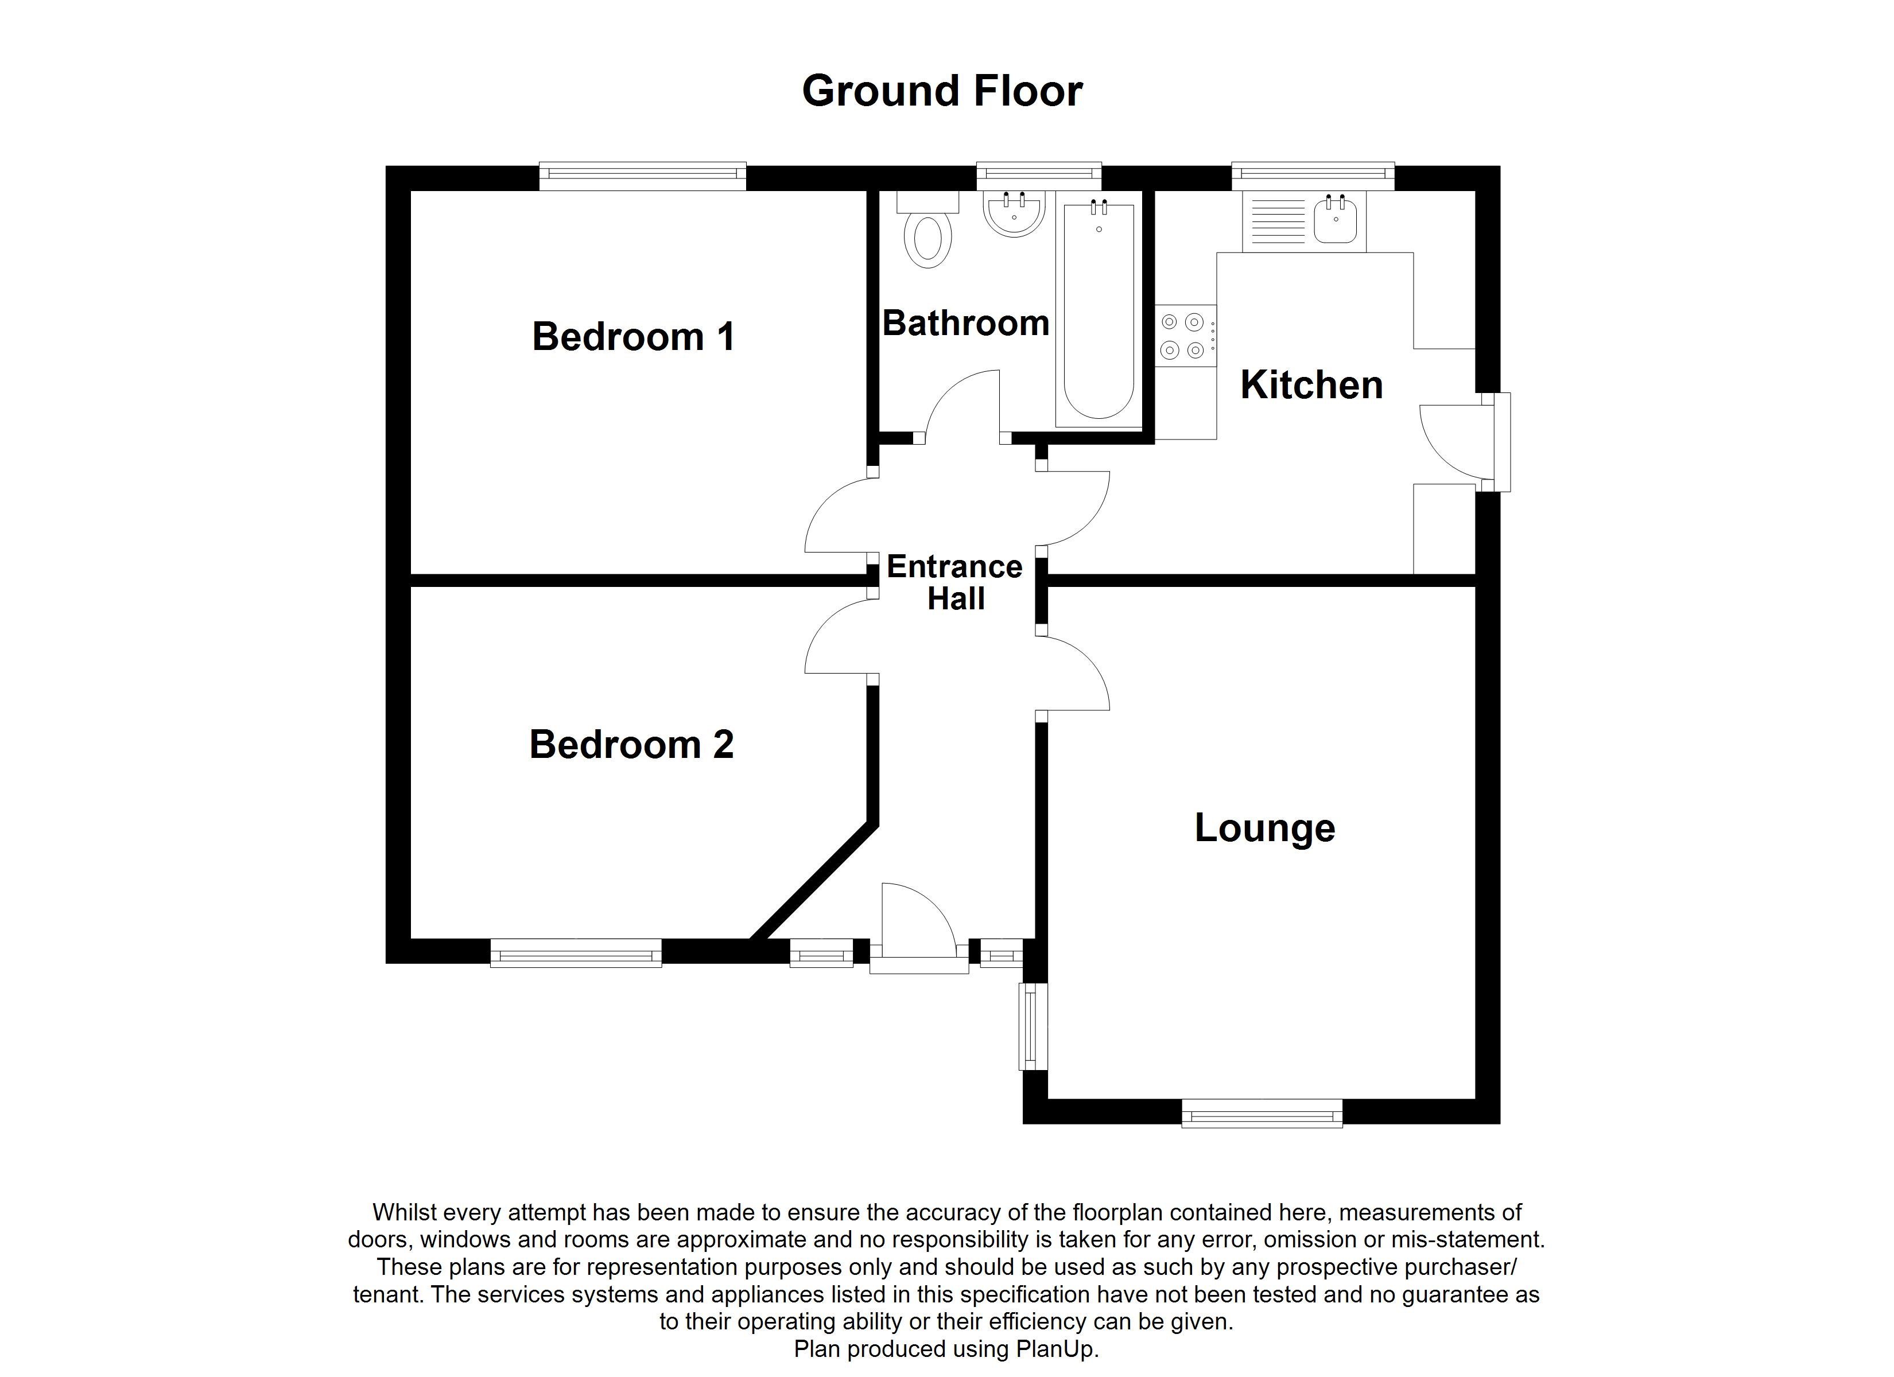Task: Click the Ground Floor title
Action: pos(942,91)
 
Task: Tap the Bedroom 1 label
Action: pos(633,337)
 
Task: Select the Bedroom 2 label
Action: pos(631,744)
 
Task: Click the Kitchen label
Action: pos(1311,385)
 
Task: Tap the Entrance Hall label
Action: pos(954,583)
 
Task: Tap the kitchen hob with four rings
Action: pos(1184,336)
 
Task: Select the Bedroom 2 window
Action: pos(576,953)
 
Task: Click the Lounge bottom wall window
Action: pos(1262,1113)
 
